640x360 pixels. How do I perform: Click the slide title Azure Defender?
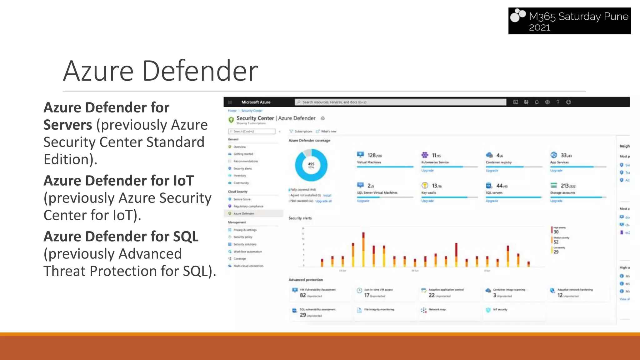[160, 71]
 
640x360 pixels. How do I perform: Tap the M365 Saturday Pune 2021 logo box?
[569, 21]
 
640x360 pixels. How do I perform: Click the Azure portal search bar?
[400, 102]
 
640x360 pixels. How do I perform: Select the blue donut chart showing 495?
[311, 165]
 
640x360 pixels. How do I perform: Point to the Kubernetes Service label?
[435, 162]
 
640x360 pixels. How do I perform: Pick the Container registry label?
[498, 162]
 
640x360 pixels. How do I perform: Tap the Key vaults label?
[428, 193]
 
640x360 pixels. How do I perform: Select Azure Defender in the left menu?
[244, 214]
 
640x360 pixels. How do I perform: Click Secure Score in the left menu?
[242, 199]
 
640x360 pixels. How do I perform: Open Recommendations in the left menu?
[246, 161]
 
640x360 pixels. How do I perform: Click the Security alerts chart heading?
[300, 218]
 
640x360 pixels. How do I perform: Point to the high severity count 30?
[556, 232]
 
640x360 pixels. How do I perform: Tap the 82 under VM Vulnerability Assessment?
[303, 295]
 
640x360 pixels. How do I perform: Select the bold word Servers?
[67, 125]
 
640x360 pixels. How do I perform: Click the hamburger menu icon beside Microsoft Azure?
[230, 102]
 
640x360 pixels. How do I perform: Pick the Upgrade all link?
[323, 201]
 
